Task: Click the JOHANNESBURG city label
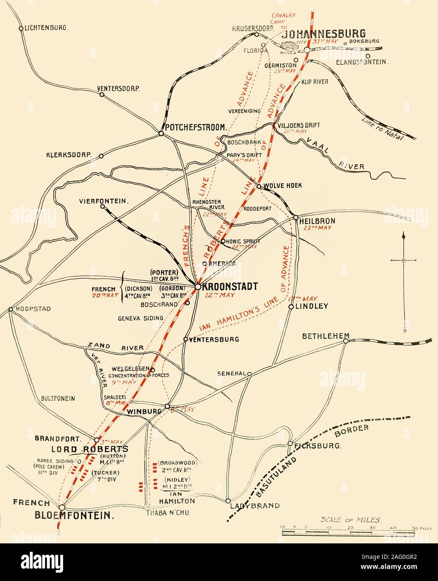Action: (325, 33)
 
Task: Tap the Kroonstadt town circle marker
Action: (198, 286)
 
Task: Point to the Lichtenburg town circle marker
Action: (21, 28)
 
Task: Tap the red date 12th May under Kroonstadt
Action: (220, 295)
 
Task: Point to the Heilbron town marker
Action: (296, 217)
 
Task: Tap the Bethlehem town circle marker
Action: (346, 341)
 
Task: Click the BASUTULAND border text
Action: (278, 474)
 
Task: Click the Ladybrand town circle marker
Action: (228, 501)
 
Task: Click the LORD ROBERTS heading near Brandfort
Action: (89, 449)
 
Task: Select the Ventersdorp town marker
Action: (102, 94)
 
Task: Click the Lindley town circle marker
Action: (291, 307)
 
